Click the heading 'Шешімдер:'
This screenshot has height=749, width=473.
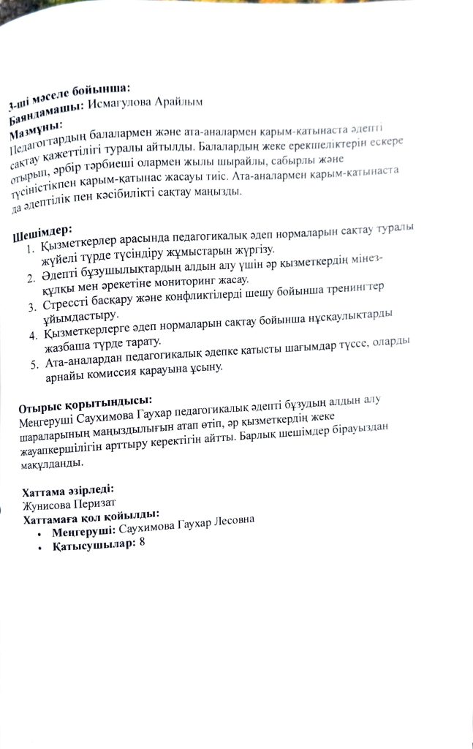coord(43,232)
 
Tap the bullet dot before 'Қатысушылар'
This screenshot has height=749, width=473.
coord(39,546)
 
